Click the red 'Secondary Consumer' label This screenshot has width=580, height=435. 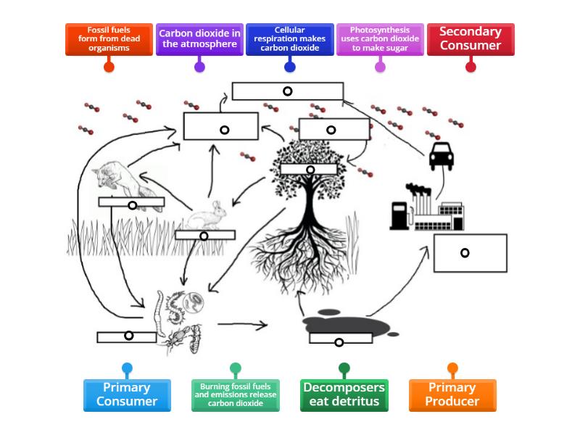point(471,38)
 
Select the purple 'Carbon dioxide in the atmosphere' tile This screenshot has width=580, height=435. point(199,38)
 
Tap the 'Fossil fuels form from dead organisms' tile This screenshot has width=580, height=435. point(109,38)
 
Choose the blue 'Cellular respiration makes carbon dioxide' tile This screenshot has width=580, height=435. point(289,38)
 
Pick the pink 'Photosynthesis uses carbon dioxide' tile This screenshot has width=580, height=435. point(380,38)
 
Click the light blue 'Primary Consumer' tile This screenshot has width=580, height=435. point(127,395)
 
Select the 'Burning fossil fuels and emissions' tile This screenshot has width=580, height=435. point(236,395)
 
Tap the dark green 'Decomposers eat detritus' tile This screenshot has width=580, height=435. point(344,395)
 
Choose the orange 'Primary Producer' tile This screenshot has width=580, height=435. point(453,395)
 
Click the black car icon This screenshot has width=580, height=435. point(442,156)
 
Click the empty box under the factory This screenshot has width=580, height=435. point(470,252)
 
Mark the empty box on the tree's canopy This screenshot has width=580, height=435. point(309,170)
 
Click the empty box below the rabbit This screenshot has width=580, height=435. point(205,236)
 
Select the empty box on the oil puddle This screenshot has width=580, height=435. point(340,338)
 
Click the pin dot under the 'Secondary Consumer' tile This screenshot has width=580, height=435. point(471,67)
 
